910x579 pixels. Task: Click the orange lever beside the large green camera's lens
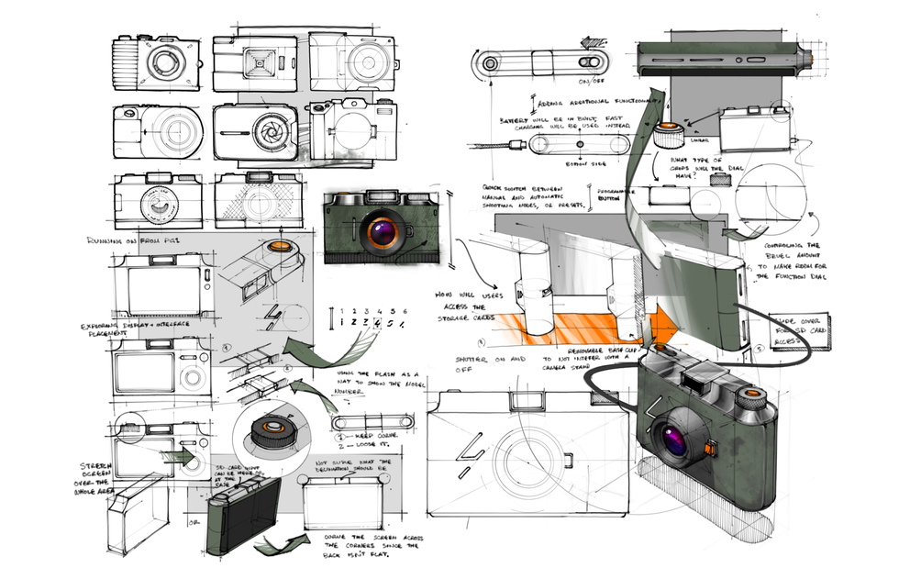click(x=712, y=449)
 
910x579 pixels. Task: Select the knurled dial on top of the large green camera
click(x=751, y=398)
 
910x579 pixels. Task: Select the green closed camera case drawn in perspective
click(x=243, y=518)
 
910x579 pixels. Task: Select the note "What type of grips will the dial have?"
click(x=689, y=167)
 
